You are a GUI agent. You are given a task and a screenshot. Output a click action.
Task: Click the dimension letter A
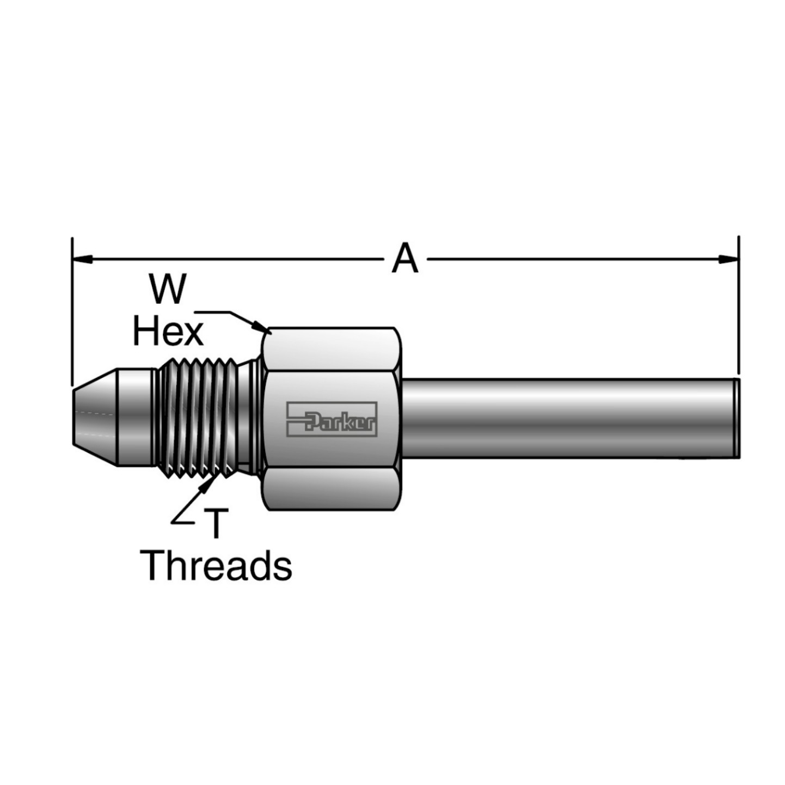pos(405,259)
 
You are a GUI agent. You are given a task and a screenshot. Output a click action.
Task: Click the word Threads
pos(216,566)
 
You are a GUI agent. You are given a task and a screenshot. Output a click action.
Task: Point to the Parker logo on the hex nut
pos(332,419)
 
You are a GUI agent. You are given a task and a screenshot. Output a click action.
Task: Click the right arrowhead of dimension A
pos(728,259)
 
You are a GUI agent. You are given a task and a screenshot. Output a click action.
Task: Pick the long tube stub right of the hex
pos(566,418)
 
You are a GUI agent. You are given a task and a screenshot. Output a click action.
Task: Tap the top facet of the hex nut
pos(331,349)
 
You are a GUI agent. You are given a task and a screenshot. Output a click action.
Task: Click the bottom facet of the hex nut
pos(331,488)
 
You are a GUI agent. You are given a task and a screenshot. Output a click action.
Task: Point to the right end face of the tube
pos(736,418)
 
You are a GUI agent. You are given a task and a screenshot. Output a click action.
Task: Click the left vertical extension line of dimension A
pos(72,310)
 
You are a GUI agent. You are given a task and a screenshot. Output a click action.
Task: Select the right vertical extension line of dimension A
pos(738,305)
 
